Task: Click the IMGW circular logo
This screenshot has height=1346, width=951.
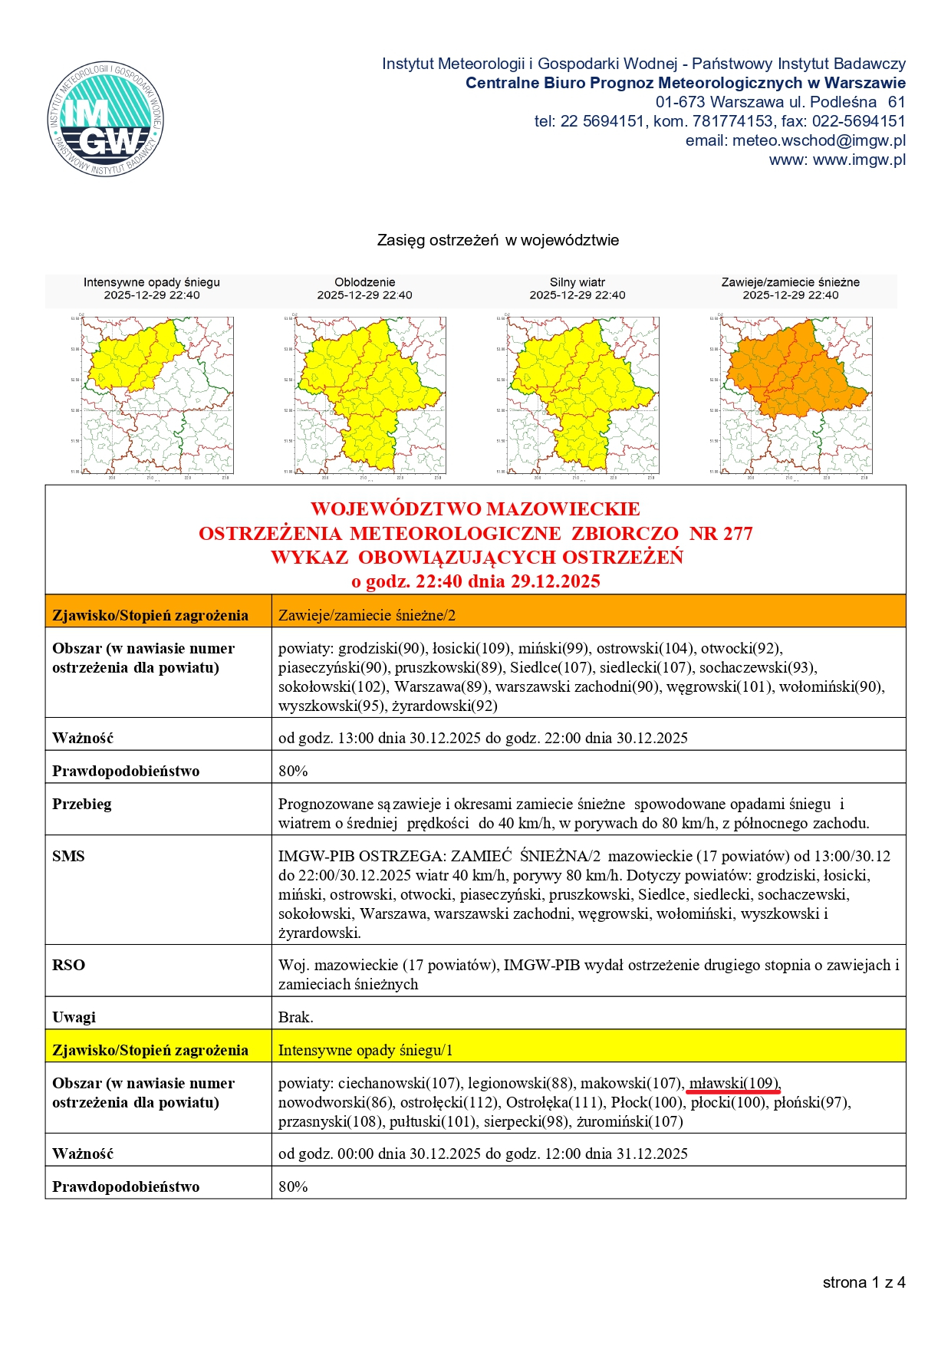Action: point(106,119)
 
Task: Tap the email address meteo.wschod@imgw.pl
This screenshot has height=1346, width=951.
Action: point(818,140)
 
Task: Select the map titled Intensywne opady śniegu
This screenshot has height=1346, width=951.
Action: point(157,395)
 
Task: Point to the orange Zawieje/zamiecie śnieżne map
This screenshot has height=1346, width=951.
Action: point(795,395)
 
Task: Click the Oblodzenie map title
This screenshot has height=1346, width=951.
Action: point(364,282)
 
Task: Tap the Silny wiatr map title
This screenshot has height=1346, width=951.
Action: point(577,282)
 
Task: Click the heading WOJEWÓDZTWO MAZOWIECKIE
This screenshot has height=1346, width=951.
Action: point(475,509)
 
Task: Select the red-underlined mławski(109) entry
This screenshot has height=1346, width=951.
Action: point(733,1083)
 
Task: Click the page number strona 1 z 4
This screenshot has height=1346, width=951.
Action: point(864,1282)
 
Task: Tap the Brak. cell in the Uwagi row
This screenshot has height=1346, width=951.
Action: point(295,1017)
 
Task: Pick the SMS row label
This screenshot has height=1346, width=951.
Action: point(68,856)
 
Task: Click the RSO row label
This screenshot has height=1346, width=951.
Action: point(68,965)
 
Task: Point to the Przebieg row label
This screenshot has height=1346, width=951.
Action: point(81,804)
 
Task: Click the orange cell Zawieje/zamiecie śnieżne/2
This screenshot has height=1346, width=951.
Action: point(367,615)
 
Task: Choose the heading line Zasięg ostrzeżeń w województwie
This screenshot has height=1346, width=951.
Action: point(498,240)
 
